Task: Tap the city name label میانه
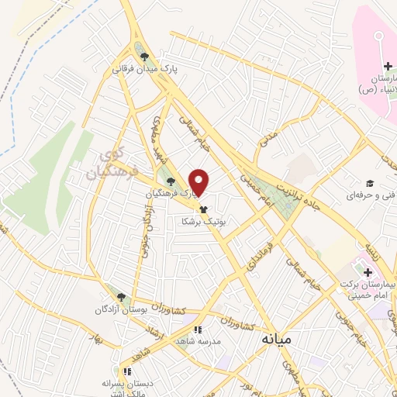tap(277, 340)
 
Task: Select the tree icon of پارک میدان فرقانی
tap(144, 56)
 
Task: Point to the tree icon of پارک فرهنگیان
tap(171, 181)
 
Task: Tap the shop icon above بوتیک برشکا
tap(204, 209)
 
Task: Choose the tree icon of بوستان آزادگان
tap(119, 295)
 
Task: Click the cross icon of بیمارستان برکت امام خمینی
tap(368, 271)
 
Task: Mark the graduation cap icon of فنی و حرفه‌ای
tap(371, 183)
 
